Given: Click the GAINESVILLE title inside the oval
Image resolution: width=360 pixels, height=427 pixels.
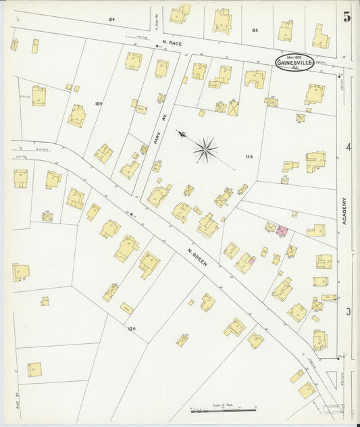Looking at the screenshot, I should (x=294, y=64).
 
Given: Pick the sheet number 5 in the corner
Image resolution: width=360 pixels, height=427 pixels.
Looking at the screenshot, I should (x=346, y=18).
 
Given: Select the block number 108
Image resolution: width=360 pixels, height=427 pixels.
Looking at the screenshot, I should (x=98, y=103).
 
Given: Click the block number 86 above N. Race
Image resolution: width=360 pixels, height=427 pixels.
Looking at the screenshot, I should (x=111, y=20).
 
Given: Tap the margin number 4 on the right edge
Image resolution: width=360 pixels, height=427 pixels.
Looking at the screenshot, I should (x=348, y=147).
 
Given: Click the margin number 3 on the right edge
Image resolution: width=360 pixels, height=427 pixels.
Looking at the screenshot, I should (x=348, y=311).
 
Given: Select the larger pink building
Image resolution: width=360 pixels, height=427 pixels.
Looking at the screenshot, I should (x=282, y=231).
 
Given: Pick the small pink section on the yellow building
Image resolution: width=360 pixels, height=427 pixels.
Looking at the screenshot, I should (x=252, y=259).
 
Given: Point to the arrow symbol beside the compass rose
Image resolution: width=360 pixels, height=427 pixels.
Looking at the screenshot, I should (x=181, y=134).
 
